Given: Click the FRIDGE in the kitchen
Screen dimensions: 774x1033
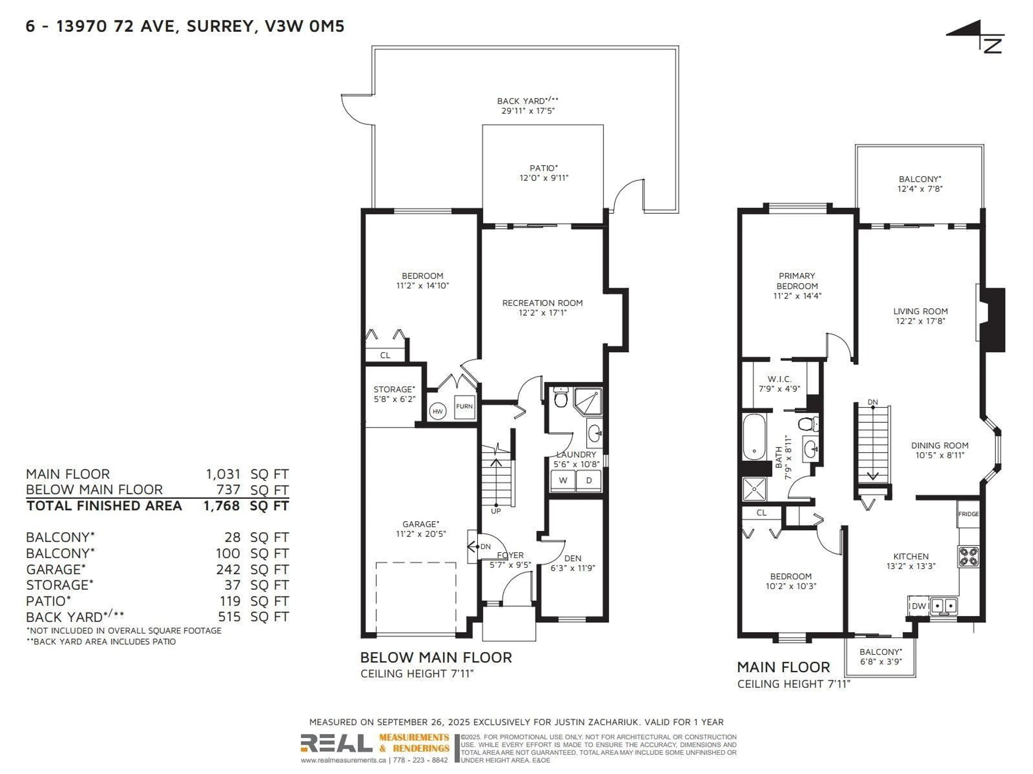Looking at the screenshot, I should tap(968, 514).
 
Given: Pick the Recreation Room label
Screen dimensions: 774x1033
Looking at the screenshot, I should tap(542, 303).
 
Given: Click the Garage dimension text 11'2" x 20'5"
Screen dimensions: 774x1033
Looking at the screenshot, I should tap(421, 534).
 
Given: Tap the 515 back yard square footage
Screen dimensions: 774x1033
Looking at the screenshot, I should tap(229, 617).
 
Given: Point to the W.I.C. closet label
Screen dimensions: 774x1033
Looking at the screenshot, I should tap(779, 379).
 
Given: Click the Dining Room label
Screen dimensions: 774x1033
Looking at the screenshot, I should tap(940, 445).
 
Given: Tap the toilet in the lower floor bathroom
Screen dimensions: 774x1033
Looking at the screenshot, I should tap(560, 398).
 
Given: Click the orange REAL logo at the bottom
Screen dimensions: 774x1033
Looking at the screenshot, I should tap(336, 743).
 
